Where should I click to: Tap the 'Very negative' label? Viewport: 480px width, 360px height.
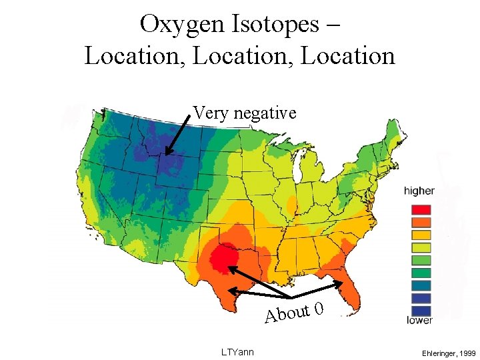(x=244, y=113)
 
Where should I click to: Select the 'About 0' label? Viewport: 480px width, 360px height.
(x=294, y=311)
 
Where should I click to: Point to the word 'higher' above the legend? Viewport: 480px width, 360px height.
(x=419, y=191)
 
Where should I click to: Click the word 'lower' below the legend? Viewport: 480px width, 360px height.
(x=419, y=320)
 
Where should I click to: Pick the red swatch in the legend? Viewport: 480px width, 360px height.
(x=420, y=209)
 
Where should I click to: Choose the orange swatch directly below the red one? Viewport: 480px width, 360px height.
(x=420, y=222)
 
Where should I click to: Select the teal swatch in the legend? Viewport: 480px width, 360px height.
(x=420, y=285)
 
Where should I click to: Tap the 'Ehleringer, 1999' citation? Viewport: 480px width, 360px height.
(x=448, y=352)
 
